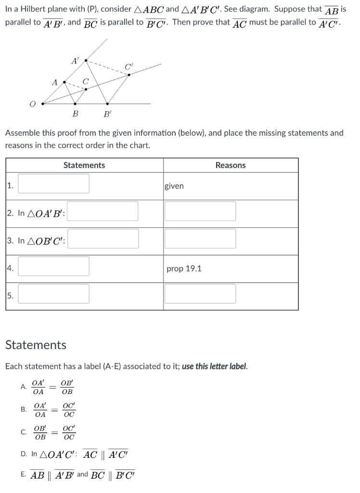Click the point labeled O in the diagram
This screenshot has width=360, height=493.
[x=43, y=103]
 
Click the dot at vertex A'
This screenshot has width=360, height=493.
[x=86, y=61]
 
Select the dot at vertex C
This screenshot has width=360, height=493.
[x=86, y=89]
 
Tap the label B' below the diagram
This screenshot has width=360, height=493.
[x=107, y=114]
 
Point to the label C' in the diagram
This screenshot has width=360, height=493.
[x=128, y=66]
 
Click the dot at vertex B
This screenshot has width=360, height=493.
[x=75, y=104]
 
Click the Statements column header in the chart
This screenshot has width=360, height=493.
[x=84, y=165]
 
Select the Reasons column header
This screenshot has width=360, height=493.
[x=231, y=165]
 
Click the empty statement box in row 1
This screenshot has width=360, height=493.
[x=53, y=184]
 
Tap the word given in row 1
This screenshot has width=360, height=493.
[x=174, y=186]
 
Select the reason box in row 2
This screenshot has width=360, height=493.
[x=200, y=211]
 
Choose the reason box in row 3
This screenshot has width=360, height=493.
[x=200, y=239]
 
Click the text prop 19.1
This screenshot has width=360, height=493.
[x=184, y=268]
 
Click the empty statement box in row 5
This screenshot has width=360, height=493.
[x=53, y=294]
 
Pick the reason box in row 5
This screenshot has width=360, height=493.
[x=200, y=294]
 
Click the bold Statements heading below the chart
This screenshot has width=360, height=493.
[x=36, y=345]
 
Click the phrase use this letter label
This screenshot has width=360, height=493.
[x=214, y=366]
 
